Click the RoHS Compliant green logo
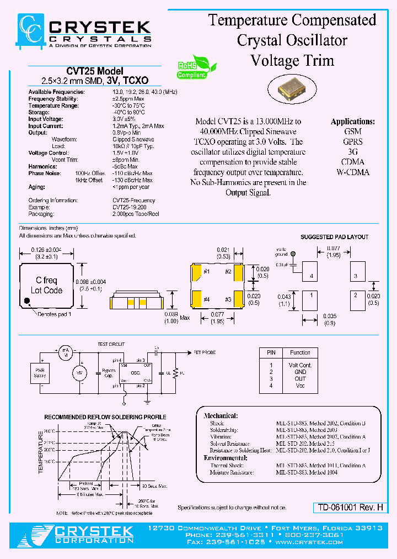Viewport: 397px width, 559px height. coord(191,69)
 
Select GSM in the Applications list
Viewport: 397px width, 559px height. coord(352,131)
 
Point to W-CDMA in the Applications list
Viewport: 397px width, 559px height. coord(353,172)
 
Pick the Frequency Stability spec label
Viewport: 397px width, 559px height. coord(53,99)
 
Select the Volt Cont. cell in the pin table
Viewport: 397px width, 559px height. coord(300,365)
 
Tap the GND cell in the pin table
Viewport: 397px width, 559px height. coord(300,372)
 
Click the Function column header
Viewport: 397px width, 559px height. coord(300,352)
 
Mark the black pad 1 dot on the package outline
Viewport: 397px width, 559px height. coord(27,302)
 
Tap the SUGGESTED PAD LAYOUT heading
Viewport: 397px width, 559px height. coord(334,237)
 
